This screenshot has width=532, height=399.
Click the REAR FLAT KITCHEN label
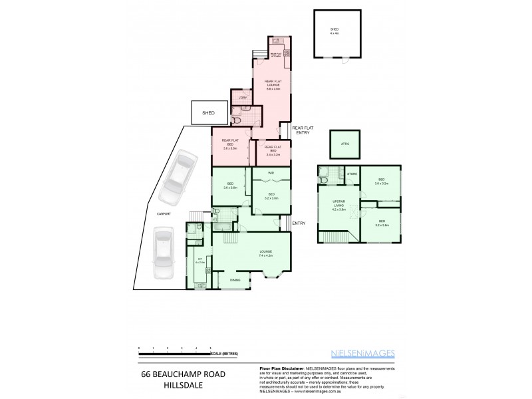[276, 54]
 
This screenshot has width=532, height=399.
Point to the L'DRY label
[242, 99]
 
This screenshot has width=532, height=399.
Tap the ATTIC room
[344, 144]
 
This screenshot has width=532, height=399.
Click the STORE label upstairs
[352, 174]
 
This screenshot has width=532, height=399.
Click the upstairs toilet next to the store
[324, 177]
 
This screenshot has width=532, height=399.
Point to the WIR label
[271, 174]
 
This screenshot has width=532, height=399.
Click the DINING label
[235, 280]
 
